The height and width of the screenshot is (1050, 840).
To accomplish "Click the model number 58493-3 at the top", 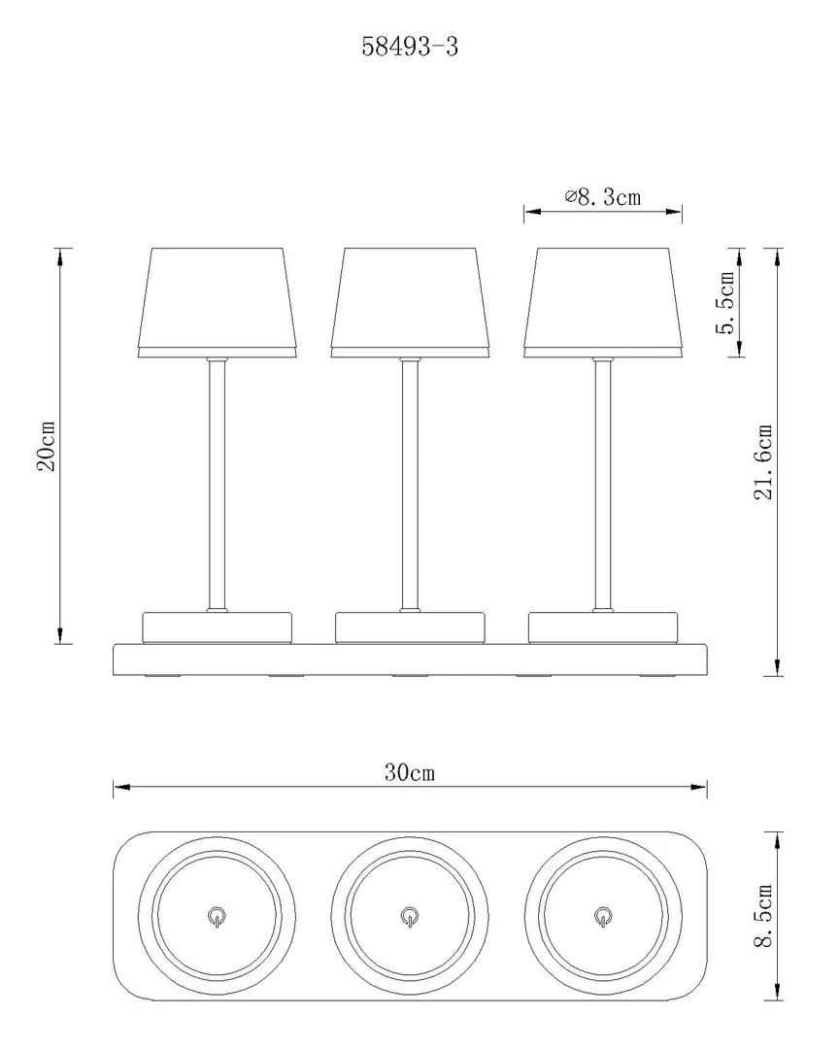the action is (x=410, y=47).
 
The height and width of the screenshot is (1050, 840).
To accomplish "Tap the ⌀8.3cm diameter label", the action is (x=602, y=197).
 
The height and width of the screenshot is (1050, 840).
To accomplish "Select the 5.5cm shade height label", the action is (x=727, y=303).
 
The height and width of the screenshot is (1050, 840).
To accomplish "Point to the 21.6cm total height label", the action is (x=763, y=461).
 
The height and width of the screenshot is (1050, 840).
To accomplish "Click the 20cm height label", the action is (x=47, y=446).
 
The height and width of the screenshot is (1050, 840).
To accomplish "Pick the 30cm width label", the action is (x=410, y=772).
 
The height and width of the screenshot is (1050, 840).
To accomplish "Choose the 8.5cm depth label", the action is (x=763, y=915).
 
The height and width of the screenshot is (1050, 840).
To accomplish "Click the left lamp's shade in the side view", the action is (x=217, y=303).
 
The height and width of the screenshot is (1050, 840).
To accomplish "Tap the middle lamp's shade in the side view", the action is (x=410, y=303).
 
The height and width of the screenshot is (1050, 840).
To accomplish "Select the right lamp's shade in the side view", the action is (x=602, y=303).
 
